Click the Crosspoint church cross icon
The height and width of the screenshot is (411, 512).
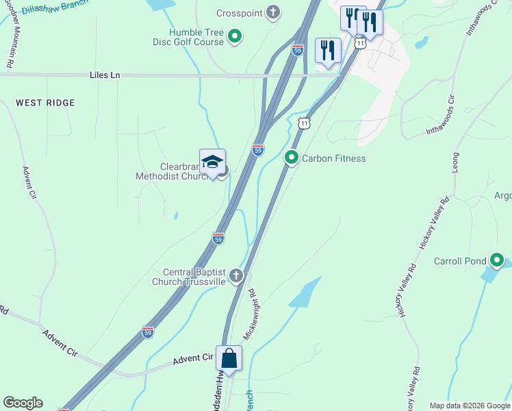[273, 12]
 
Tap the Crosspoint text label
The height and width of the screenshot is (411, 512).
[240, 13]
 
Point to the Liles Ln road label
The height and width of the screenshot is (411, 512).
[105, 75]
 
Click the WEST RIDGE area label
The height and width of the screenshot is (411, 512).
[45, 103]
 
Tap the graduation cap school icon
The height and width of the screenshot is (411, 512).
[212, 162]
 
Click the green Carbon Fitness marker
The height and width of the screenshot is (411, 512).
[292, 158]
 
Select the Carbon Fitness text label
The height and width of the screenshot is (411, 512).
[334, 159]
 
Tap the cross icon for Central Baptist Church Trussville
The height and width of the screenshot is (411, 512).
[236, 275]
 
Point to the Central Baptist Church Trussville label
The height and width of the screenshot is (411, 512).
[194, 276]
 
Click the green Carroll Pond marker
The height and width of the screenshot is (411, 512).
[497, 260]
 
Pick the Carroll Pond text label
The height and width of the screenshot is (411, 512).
[460, 261]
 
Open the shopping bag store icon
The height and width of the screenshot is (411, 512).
[229, 359]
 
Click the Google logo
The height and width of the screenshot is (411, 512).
[23, 403]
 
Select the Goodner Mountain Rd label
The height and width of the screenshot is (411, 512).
[10, 41]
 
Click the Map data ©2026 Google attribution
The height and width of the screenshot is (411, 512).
[470, 406]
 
